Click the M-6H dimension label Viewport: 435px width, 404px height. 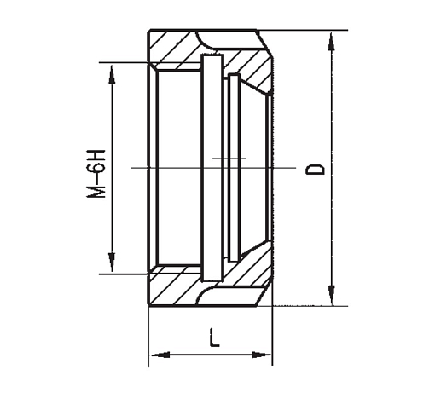pyautogui.click(x=96, y=173)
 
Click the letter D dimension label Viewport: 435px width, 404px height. pyautogui.click(x=315, y=170)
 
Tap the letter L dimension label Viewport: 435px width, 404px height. pyautogui.click(x=214, y=338)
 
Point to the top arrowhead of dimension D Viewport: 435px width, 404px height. pyautogui.click(x=331, y=42)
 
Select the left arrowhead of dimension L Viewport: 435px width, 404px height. pyautogui.click(x=159, y=355)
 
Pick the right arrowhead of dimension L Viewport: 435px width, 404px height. pyautogui.click(x=262, y=355)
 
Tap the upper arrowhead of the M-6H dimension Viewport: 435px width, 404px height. pyautogui.click(x=112, y=75)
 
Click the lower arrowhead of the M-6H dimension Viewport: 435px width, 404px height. pyautogui.click(x=112, y=262)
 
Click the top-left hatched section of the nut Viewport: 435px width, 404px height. pyautogui.click(x=173, y=49)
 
